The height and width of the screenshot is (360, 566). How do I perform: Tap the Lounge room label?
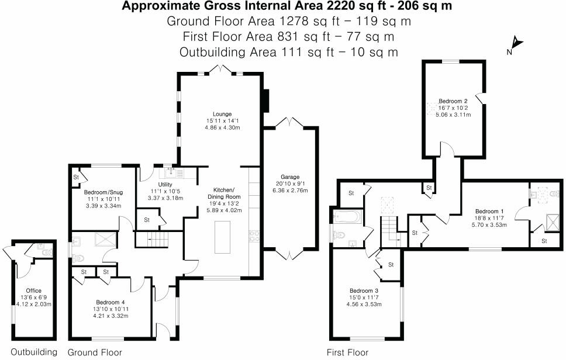[x=222, y=114]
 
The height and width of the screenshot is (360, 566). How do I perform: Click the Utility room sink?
[x=171, y=171]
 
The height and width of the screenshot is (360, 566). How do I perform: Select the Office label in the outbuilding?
[x=33, y=290]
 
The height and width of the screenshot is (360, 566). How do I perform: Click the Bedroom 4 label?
[x=106, y=302]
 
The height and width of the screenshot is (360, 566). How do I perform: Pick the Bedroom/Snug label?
[x=103, y=192]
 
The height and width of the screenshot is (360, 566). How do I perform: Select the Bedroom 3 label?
[x=364, y=291]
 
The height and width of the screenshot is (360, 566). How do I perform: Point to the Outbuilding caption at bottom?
[x=34, y=352]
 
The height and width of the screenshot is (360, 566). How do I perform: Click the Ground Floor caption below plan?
[x=95, y=352]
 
